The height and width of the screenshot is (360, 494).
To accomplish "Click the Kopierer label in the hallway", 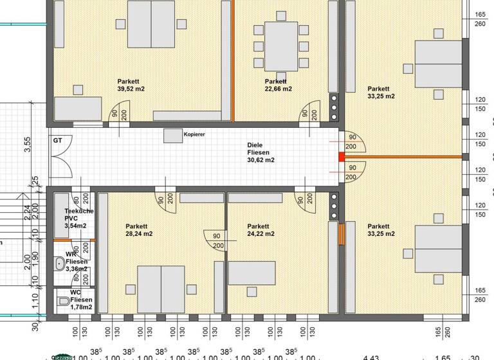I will [194, 134].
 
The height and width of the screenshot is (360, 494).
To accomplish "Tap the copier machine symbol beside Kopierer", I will [172, 135].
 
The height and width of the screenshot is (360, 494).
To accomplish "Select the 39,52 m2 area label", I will [131, 89].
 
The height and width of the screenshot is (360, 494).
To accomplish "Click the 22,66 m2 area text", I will [279, 89].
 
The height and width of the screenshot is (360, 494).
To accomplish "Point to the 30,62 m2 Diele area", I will [261, 160].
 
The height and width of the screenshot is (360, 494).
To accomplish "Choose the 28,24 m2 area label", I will [139, 235].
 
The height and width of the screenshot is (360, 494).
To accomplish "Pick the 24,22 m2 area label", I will [261, 235].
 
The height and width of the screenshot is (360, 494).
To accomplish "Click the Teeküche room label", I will [80, 212].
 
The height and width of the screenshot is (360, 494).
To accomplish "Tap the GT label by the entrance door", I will [57, 140].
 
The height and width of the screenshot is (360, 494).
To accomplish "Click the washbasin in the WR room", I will [60, 263].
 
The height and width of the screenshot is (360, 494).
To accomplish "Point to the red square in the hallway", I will [342, 157].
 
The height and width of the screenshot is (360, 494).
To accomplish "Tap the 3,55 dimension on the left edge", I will [28, 145].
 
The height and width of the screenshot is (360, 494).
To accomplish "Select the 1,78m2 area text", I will [82, 307].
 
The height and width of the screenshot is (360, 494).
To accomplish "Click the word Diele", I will [255, 145].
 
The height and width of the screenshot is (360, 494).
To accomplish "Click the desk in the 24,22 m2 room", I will [252, 273].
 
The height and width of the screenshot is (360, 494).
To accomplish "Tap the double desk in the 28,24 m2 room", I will [161, 289].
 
